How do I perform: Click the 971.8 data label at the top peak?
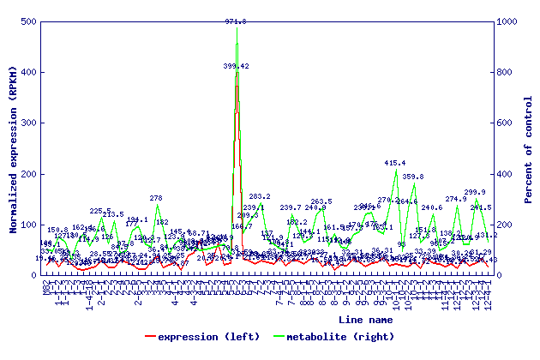click(236, 21)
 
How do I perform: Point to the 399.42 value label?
click(237, 66)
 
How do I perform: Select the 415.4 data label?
click(395, 163)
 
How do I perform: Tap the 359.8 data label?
click(413, 177)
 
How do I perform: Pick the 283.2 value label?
click(260, 197)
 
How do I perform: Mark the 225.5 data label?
click(100, 211)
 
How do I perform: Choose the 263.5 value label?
click(321, 201)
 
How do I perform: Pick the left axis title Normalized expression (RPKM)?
click(13, 148)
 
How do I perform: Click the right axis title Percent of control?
click(529, 148)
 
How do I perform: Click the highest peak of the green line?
click(237, 28)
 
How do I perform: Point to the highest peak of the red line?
click(237, 72)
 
